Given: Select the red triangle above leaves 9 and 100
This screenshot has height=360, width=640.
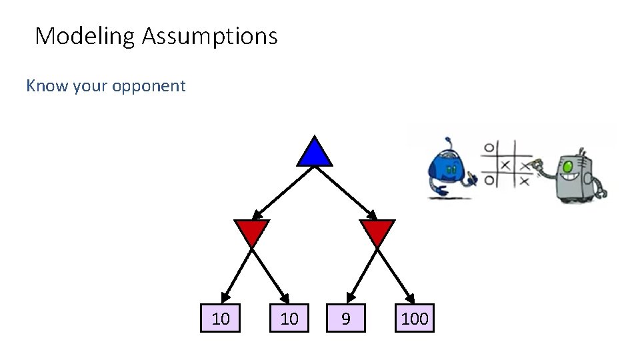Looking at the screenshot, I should [x=377, y=232].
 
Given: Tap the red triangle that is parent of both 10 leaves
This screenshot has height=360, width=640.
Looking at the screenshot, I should [x=252, y=232].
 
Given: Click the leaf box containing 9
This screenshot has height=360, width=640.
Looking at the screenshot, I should [x=345, y=319].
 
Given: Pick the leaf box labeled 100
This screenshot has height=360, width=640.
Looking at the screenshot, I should [x=415, y=319].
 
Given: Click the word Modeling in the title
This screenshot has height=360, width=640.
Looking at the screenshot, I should [x=85, y=36].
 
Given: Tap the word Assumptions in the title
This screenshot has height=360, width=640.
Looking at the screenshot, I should [x=209, y=36].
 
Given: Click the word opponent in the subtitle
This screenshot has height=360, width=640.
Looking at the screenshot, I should [x=151, y=86].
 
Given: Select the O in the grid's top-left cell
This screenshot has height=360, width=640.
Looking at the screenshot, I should [x=489, y=147].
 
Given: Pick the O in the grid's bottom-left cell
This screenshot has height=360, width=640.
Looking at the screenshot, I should [x=489, y=180].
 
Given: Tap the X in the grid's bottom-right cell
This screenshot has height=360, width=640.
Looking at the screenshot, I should [x=525, y=181].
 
